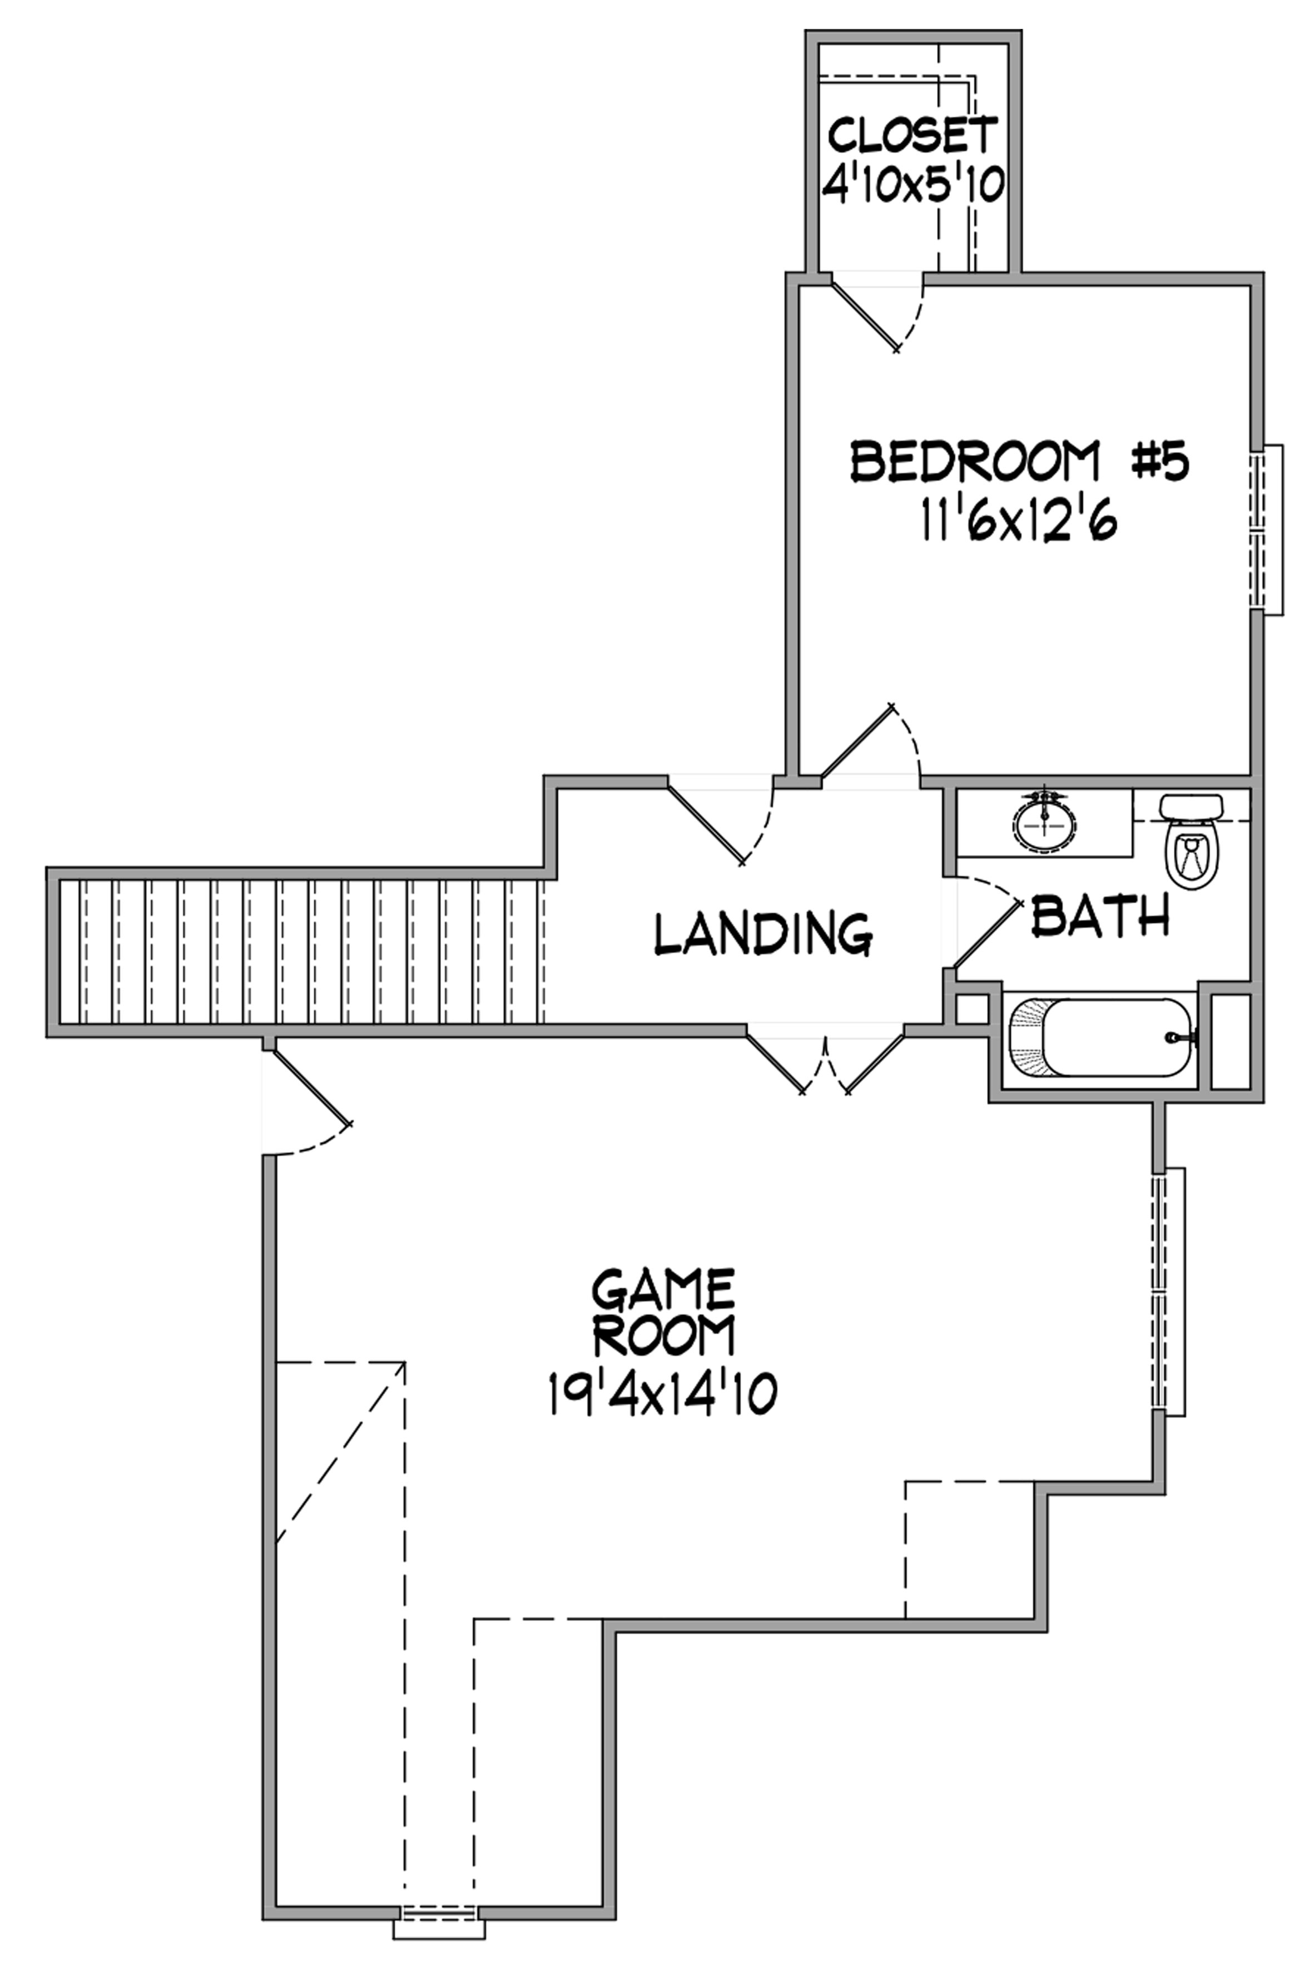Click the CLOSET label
click(913, 135)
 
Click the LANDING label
click(763, 933)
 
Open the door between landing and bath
click(985, 931)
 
